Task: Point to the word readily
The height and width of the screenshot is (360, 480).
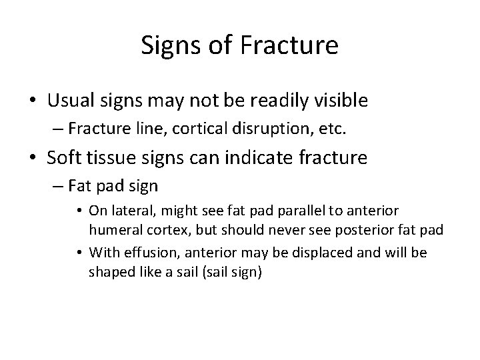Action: point(285,101)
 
